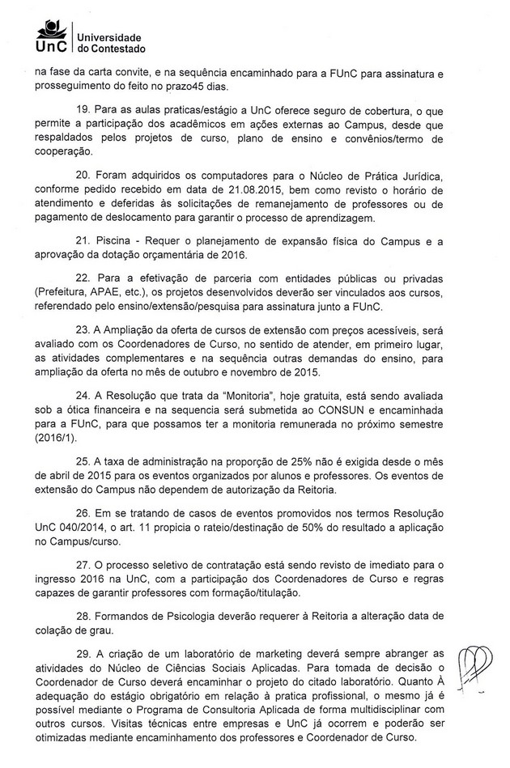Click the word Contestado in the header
pyautogui.click(x=113, y=50)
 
